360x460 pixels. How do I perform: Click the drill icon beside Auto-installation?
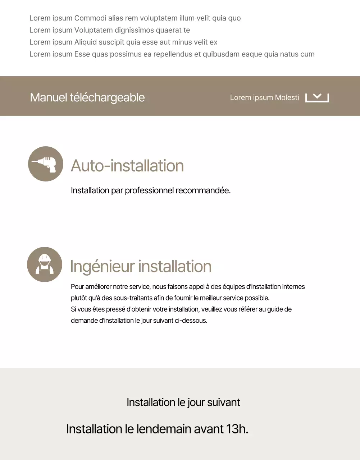tap(46, 164)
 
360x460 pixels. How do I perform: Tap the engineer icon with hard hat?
tap(45, 264)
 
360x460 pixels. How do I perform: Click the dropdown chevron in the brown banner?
tap(317, 97)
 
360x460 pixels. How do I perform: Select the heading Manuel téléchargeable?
tap(87, 97)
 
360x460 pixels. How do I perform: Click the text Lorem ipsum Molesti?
tap(264, 97)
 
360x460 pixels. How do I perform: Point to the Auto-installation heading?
tap(127, 166)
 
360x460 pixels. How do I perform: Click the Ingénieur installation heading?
tap(141, 266)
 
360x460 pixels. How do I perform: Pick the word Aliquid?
tap(87, 42)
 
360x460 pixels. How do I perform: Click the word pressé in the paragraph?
tap(115, 309)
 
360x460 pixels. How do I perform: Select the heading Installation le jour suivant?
tap(183, 402)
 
